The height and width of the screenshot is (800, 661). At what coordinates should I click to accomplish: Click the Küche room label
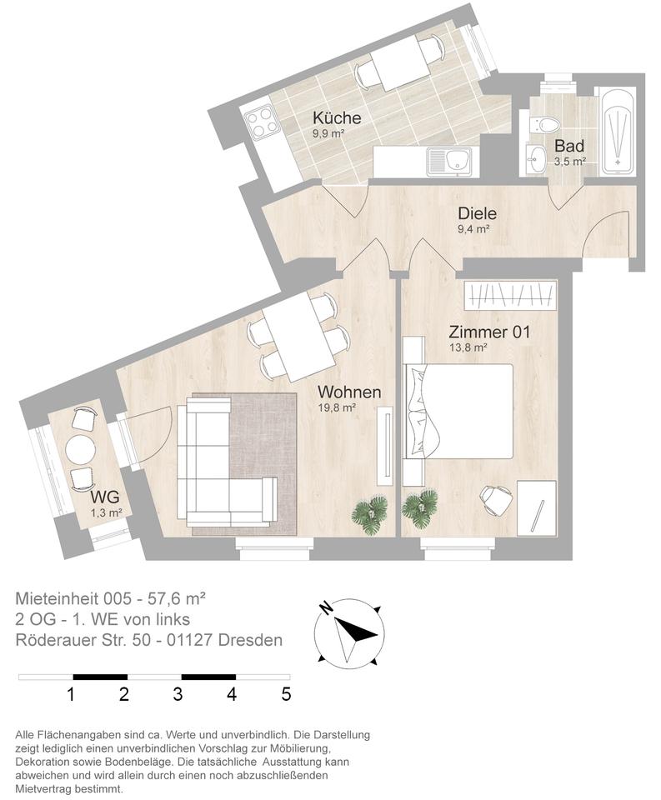click(x=337, y=117)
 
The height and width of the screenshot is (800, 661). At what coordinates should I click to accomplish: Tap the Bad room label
click(x=569, y=145)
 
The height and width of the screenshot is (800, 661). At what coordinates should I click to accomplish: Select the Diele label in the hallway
click(x=477, y=213)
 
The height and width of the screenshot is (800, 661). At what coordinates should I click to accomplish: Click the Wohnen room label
click(x=349, y=392)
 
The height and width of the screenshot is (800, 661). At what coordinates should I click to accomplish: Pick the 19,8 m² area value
click(x=338, y=408)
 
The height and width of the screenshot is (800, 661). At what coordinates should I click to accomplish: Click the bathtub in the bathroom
click(x=618, y=131)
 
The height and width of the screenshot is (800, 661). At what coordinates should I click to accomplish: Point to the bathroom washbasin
click(x=535, y=157)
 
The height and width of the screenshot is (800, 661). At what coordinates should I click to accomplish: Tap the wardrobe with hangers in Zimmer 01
click(x=509, y=294)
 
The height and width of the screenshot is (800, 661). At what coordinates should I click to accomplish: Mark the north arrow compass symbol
click(x=350, y=632)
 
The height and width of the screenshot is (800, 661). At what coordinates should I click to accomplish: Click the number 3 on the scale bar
click(x=178, y=693)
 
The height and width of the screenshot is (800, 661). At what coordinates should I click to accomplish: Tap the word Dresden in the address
click(x=253, y=640)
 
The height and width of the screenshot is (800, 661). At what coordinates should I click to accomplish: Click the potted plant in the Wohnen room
click(x=369, y=511)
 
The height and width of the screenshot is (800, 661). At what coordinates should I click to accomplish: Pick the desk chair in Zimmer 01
click(x=496, y=499)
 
